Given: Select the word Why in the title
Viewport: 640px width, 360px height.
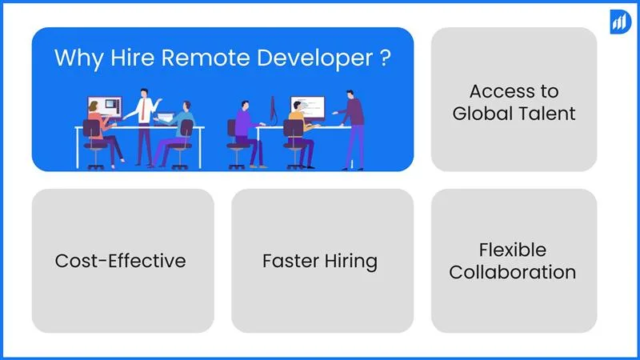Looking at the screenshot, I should point(73,59).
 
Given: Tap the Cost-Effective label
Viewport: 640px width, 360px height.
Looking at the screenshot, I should point(120,261).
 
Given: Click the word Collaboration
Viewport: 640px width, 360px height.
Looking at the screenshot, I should point(512,272).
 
